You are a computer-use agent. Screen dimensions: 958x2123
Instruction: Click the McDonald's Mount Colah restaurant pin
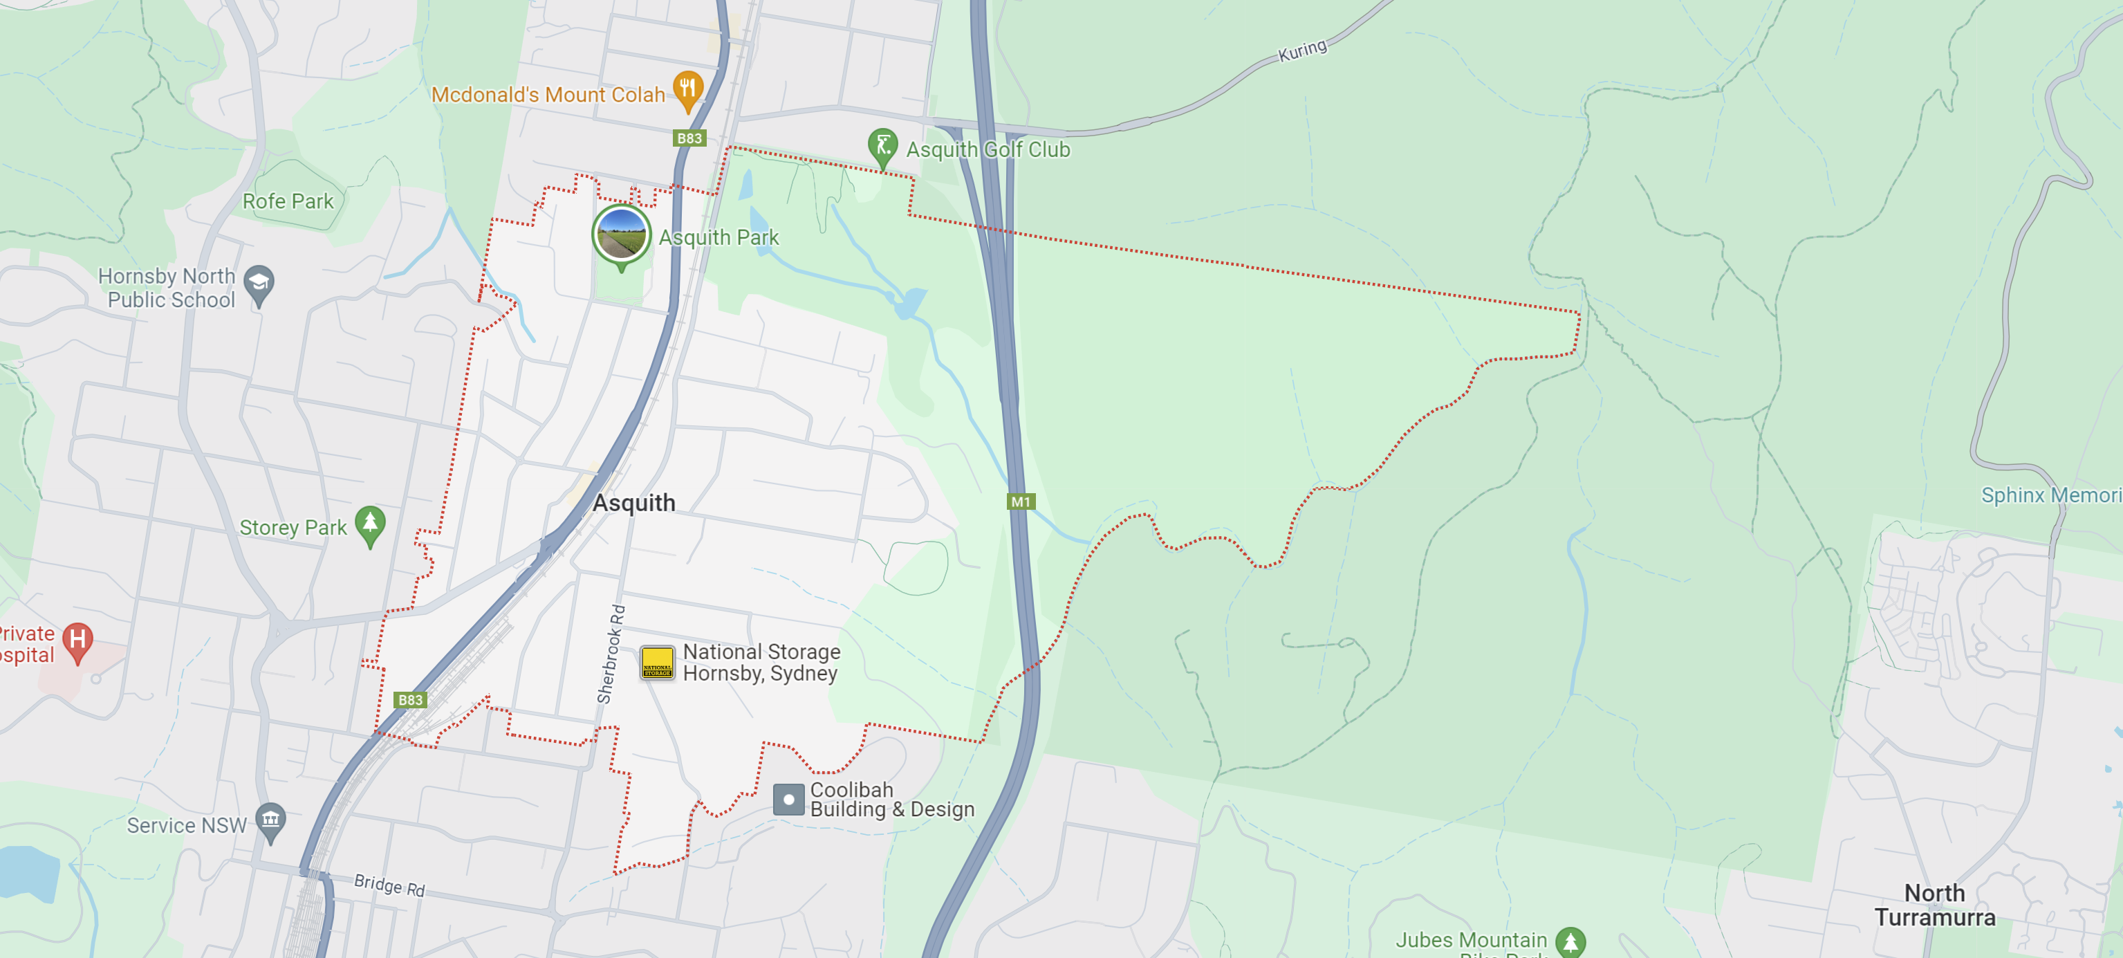(x=687, y=89)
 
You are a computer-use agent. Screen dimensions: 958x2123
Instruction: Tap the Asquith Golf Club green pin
(x=882, y=147)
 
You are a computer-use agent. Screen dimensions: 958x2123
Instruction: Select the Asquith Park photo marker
(x=622, y=234)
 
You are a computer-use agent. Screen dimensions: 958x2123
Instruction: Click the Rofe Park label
(x=288, y=201)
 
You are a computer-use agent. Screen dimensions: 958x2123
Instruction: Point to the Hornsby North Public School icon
(x=259, y=284)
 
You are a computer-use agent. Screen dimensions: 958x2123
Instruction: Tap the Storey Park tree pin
(x=370, y=524)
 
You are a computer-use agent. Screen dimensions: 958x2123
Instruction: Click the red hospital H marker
(x=77, y=641)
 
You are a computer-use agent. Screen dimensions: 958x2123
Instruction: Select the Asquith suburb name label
(x=633, y=502)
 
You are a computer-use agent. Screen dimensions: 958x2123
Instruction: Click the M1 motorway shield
(x=1020, y=501)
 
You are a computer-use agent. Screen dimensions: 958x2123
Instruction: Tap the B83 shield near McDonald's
(x=689, y=138)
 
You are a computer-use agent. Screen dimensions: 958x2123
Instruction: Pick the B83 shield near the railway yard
(x=411, y=700)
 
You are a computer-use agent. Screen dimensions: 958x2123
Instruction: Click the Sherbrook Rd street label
(x=611, y=654)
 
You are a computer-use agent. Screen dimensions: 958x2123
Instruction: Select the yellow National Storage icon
(x=657, y=663)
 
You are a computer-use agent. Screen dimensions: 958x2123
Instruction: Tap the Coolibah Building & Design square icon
(x=788, y=799)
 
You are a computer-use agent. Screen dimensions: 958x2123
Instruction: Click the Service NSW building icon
(x=270, y=821)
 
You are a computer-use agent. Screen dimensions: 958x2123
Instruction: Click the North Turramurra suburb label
(x=1934, y=905)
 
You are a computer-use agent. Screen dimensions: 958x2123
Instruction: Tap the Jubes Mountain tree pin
(x=1570, y=941)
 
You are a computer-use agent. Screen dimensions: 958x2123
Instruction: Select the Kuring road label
(x=1302, y=50)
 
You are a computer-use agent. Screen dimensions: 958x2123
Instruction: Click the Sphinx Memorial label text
(x=2050, y=495)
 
